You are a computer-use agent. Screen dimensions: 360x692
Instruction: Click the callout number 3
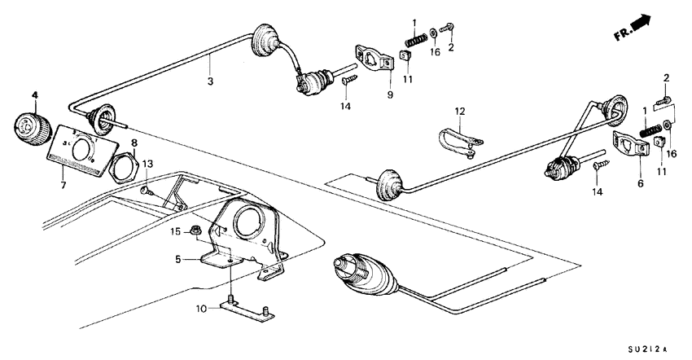[210, 82]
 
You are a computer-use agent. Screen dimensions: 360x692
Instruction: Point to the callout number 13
[147, 164]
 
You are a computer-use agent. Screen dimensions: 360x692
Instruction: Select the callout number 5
[177, 260]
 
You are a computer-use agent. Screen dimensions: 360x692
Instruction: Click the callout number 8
[134, 143]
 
